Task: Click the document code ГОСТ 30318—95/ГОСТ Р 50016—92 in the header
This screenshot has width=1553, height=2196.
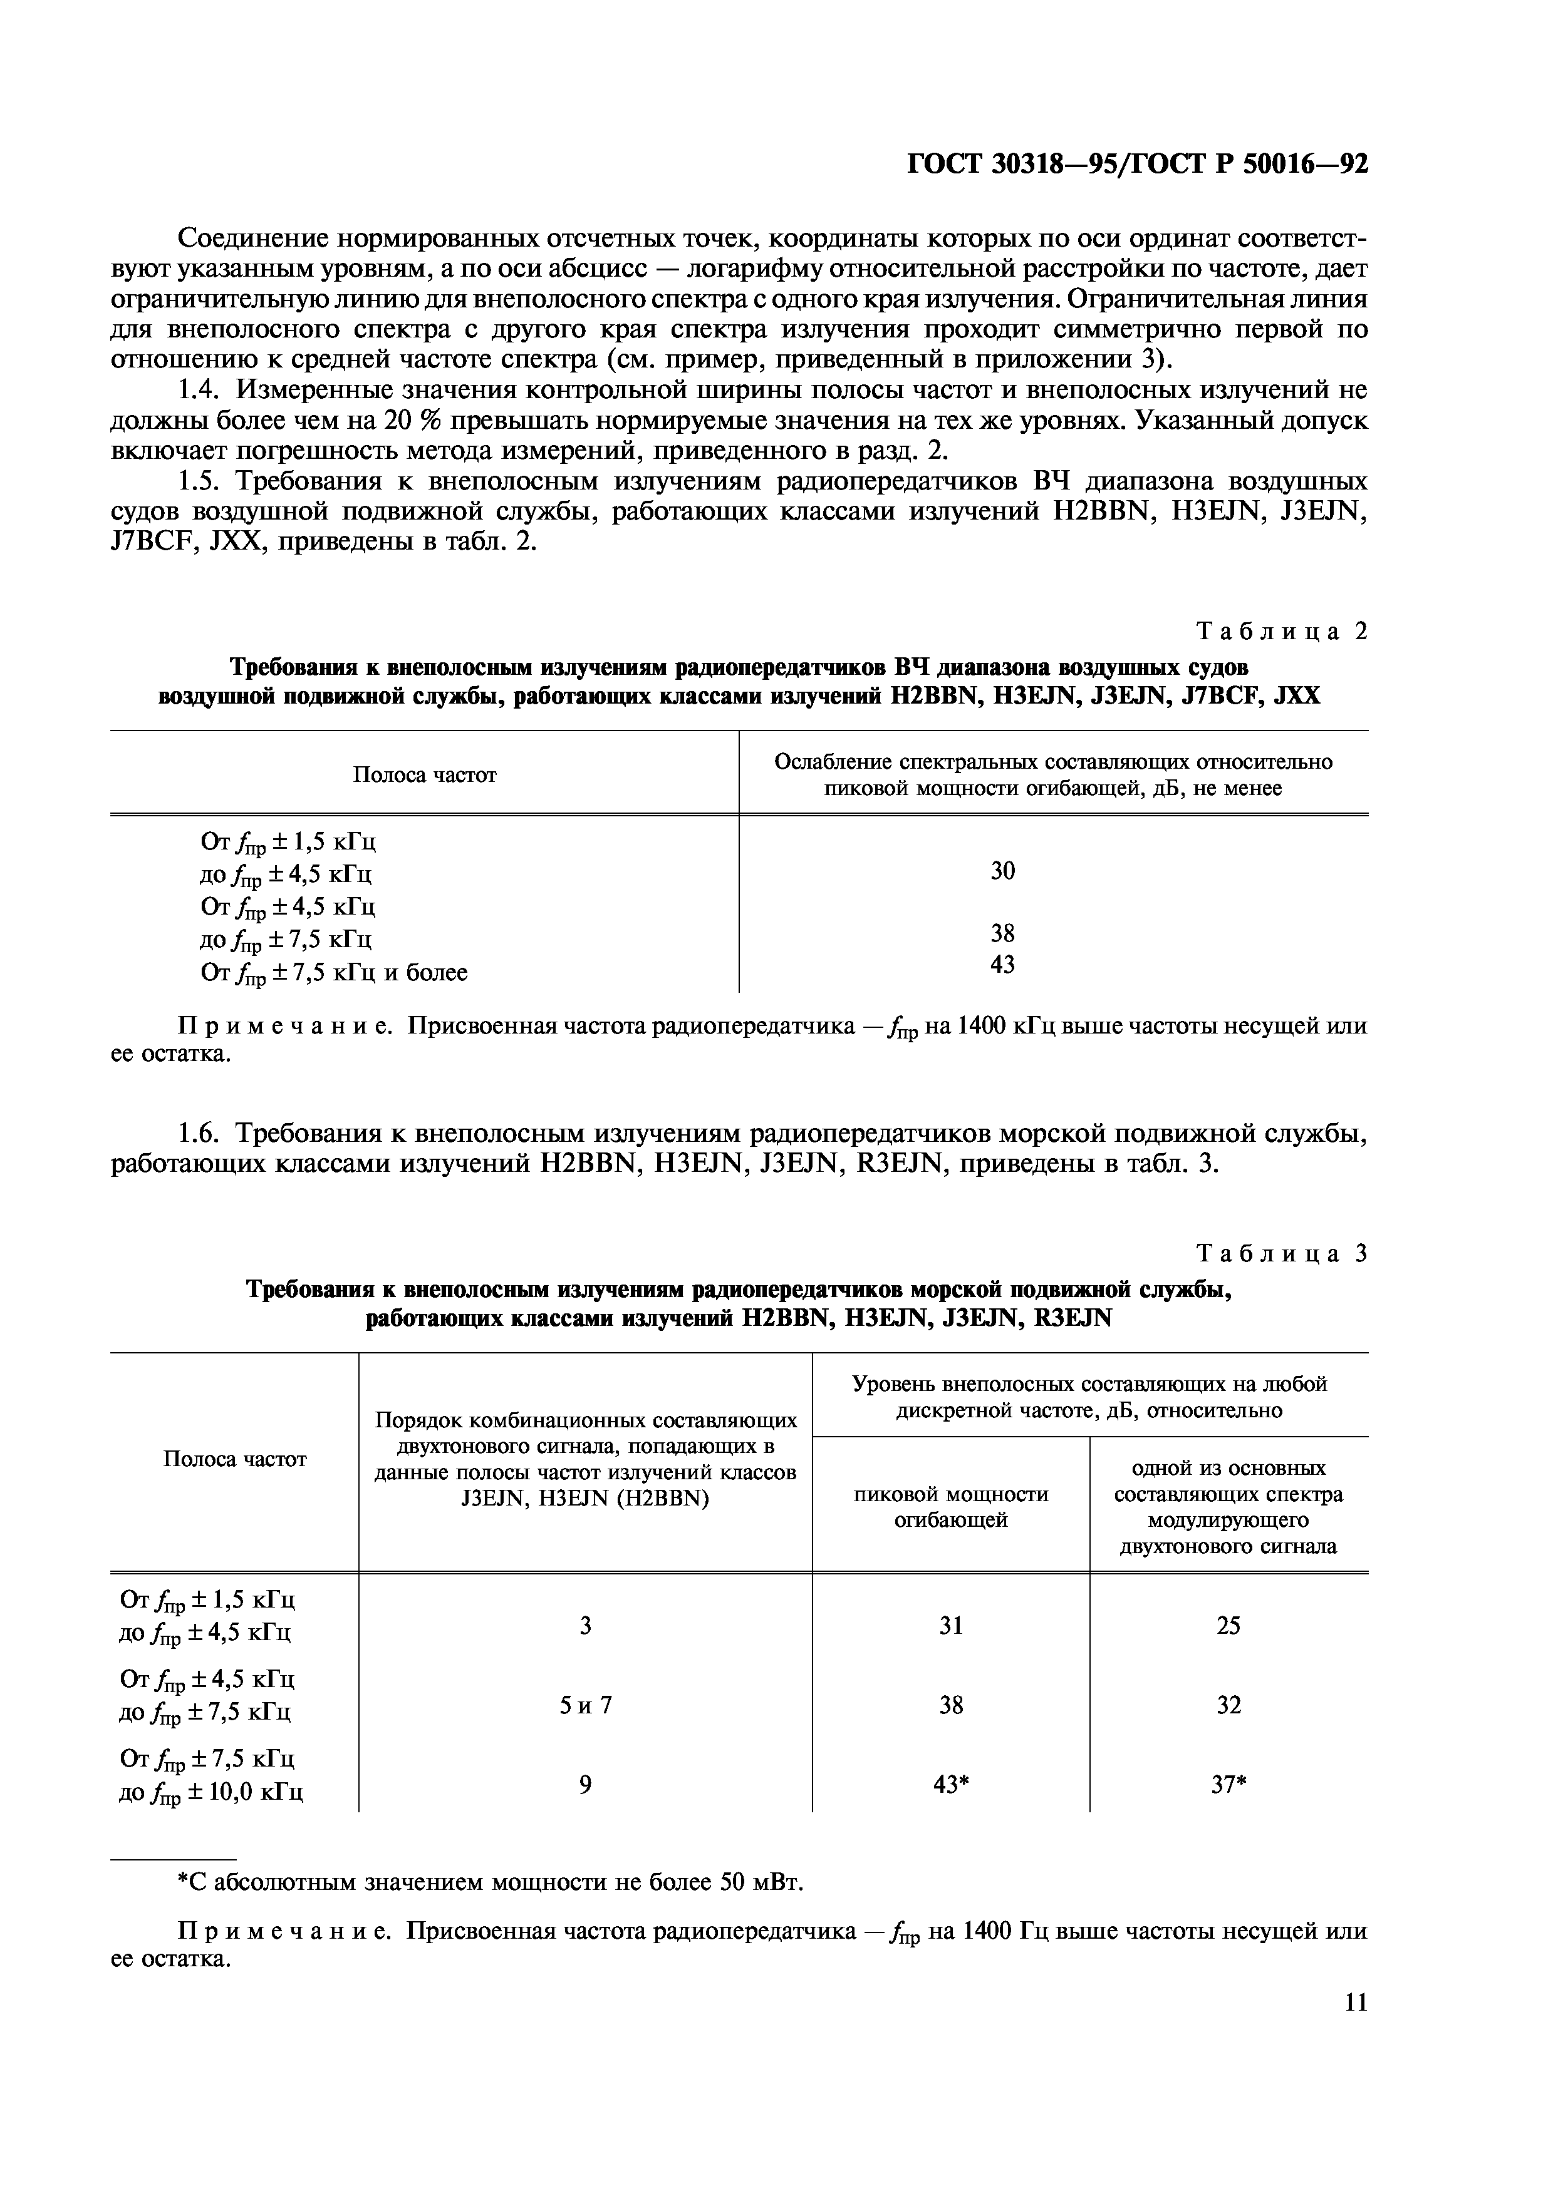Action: (x=1137, y=165)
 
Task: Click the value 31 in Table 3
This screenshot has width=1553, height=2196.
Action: (x=950, y=1626)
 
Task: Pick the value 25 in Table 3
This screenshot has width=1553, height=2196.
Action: (x=1228, y=1626)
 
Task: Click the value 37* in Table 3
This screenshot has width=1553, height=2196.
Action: (x=1228, y=1785)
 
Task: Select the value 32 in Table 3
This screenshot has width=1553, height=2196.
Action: (x=1228, y=1705)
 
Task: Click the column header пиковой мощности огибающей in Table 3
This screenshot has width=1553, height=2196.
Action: (x=950, y=1506)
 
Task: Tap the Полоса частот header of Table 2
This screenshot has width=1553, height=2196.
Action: (x=424, y=775)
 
